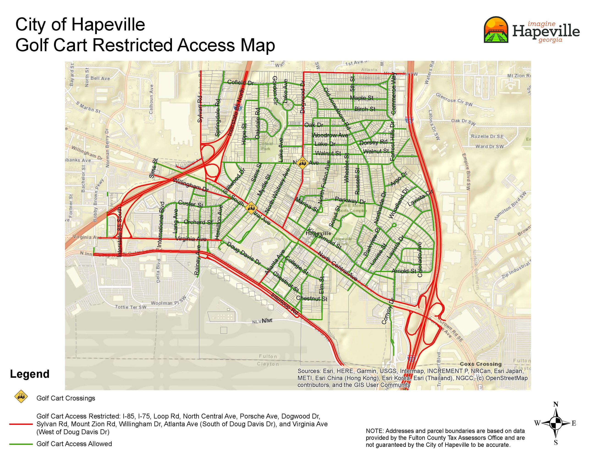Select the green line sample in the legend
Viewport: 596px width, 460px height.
[x=21, y=444]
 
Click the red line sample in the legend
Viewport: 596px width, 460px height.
[x=21, y=424]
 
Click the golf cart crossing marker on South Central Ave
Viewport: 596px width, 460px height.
[x=251, y=208]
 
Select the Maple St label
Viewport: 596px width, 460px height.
[x=361, y=98]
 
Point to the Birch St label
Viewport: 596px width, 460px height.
[x=365, y=109]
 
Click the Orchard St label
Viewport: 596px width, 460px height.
[x=198, y=222]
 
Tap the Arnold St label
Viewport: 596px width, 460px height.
[x=404, y=271]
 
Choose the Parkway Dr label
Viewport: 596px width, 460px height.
[x=350, y=201]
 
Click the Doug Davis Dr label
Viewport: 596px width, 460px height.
[x=244, y=254]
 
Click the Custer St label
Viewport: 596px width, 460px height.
[x=190, y=204]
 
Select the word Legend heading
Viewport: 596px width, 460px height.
[x=30, y=374]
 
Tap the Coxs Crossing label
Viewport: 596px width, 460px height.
[x=480, y=364]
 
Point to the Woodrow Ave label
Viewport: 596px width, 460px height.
[x=330, y=135]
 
